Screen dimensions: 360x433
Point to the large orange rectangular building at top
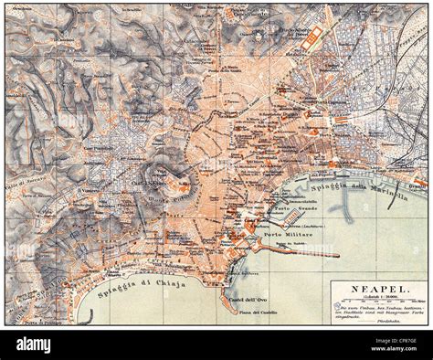(315, 37)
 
